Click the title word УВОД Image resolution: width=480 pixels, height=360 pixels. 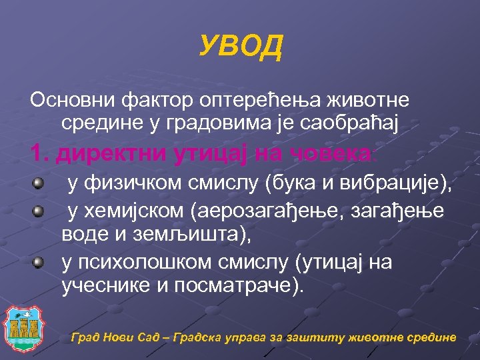tap(241, 47)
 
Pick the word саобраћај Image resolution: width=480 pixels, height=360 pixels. tap(344, 122)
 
